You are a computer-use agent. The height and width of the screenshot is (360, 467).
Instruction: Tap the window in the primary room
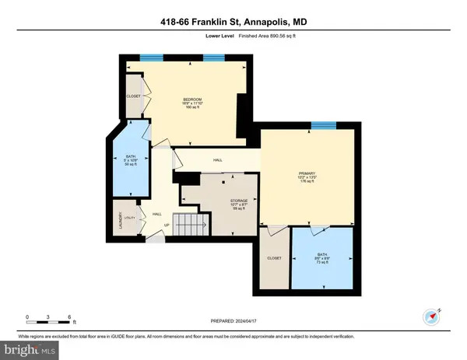pos(323,125)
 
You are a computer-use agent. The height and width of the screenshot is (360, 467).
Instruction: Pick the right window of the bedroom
pos(215,57)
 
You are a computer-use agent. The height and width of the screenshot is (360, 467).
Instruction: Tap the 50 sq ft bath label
pos(129,160)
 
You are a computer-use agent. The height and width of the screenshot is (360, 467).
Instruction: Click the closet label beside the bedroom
pos(132,96)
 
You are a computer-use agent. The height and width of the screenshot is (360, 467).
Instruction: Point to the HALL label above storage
pos(219,161)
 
